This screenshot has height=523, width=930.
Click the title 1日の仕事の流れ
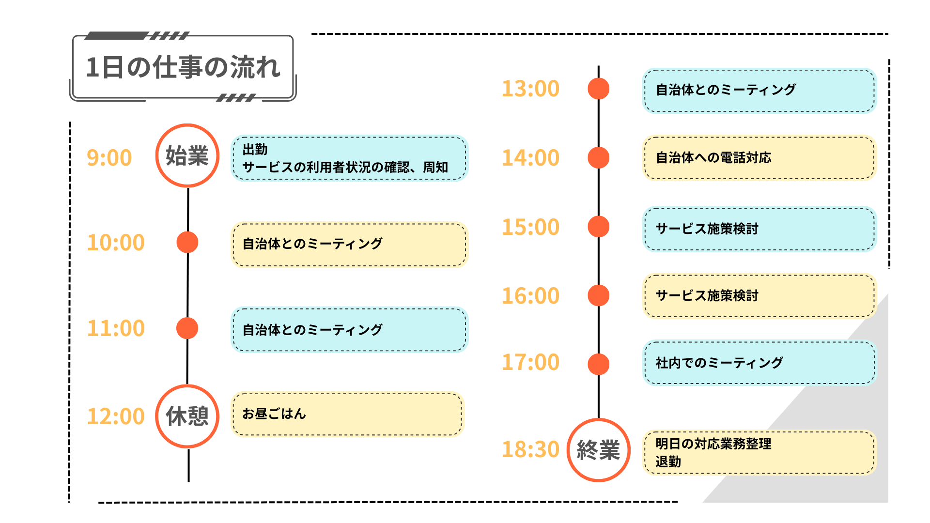(x=183, y=67)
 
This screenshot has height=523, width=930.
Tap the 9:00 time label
(x=109, y=158)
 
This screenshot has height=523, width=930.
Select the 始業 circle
(x=187, y=155)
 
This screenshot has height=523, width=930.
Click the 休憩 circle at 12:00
(x=187, y=416)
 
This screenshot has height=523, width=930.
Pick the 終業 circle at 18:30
(x=599, y=450)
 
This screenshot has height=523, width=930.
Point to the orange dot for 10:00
(x=187, y=242)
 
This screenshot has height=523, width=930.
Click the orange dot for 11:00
(x=187, y=328)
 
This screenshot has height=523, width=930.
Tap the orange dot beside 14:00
(x=599, y=158)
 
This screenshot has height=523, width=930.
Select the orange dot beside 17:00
(x=599, y=364)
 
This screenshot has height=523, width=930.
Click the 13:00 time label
(x=530, y=89)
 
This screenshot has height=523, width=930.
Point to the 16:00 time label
(x=530, y=296)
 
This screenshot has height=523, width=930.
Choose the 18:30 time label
(x=530, y=449)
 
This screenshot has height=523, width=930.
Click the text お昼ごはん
(x=274, y=414)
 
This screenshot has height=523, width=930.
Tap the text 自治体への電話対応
(x=713, y=157)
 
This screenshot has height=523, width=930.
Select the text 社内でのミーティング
(x=719, y=363)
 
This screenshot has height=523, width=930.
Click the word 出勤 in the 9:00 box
(x=255, y=150)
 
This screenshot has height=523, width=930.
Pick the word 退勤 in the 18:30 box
(x=668, y=461)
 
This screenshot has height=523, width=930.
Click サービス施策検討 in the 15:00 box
(x=707, y=229)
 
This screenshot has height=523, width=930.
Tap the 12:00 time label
(x=116, y=416)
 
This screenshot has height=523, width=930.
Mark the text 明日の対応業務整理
(x=713, y=444)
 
